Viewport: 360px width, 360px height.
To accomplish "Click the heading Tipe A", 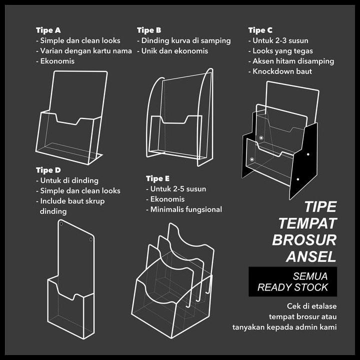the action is [x=48, y=30].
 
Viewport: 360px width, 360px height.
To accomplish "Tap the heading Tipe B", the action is [x=149, y=30].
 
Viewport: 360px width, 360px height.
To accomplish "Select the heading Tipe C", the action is [x=260, y=30].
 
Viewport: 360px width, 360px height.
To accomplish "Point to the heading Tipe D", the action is [x=48, y=170].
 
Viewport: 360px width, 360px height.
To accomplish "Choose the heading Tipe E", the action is [x=157, y=178].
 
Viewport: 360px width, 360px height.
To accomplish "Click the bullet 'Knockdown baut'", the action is [x=280, y=71].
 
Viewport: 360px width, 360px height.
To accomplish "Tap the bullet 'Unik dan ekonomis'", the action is [x=172, y=51].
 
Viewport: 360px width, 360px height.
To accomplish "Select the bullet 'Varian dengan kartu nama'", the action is [x=84, y=51].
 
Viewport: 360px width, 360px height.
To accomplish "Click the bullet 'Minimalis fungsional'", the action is [x=184, y=209].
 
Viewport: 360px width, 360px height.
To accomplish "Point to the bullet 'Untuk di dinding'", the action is [x=67, y=180].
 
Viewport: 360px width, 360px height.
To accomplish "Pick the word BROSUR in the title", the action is [x=304, y=240].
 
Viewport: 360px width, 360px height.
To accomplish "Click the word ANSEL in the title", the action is [x=311, y=256].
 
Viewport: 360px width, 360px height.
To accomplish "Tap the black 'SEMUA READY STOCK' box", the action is [x=292, y=281].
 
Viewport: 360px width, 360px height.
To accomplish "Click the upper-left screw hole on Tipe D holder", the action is [x=61, y=223].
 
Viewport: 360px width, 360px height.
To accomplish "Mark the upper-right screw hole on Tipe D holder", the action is [x=91, y=239].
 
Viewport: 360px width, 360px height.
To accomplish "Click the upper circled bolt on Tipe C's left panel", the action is [x=261, y=138].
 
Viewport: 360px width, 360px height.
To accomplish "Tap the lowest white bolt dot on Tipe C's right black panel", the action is [x=298, y=179].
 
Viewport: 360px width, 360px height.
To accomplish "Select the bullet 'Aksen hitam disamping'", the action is [x=291, y=61].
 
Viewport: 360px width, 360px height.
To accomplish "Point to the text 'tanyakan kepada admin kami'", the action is [x=284, y=327].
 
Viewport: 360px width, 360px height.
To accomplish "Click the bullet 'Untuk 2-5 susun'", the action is [x=176, y=189].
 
